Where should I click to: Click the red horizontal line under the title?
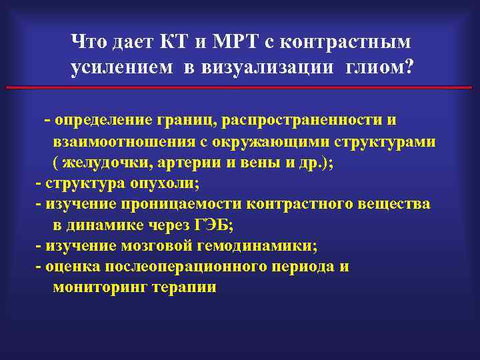(239, 87)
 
